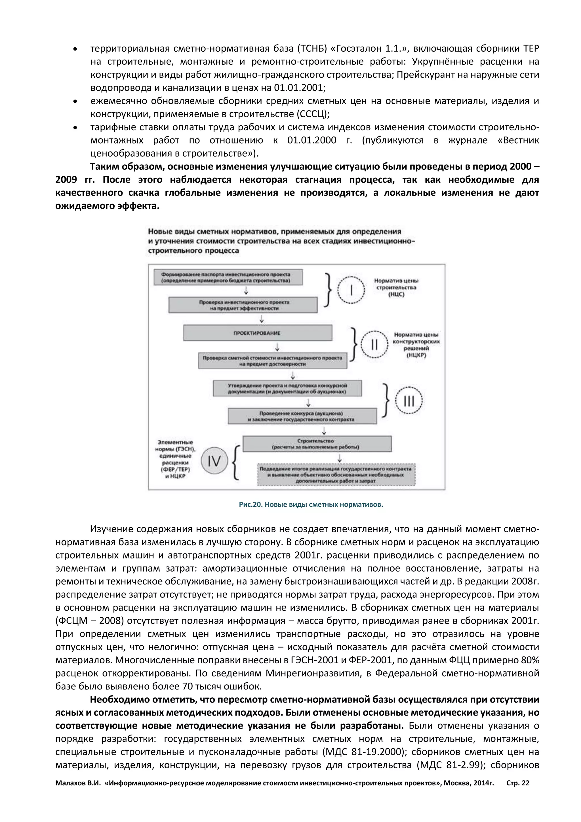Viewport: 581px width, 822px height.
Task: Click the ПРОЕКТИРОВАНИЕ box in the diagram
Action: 257,333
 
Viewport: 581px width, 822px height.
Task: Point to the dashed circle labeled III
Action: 409,400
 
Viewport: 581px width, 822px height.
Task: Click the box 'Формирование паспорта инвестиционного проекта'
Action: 228,278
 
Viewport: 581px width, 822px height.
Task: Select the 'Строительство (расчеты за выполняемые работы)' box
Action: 317,444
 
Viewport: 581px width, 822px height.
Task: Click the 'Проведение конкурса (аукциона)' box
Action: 302,416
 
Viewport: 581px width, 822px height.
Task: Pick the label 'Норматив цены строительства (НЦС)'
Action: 396,288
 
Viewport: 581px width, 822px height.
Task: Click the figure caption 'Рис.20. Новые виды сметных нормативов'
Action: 311,505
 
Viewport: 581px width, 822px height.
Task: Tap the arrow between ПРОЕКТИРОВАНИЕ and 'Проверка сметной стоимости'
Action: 277,347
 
